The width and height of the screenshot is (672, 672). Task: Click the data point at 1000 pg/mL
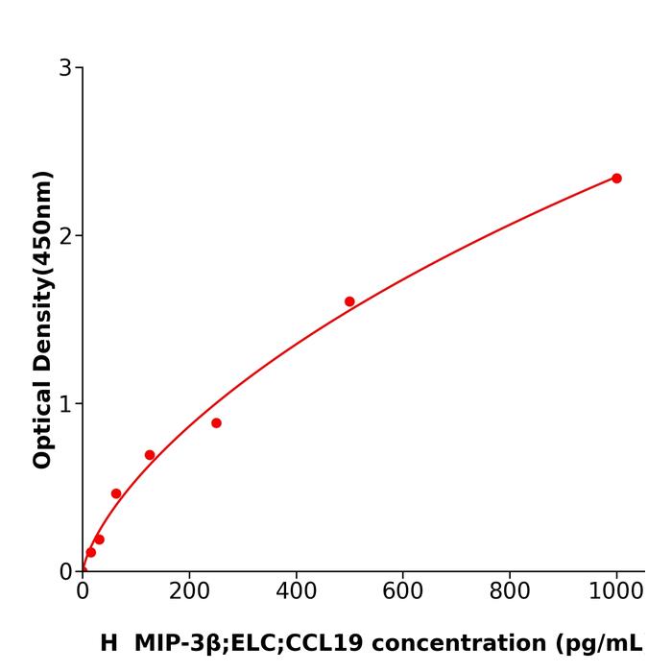pyautogui.click(x=616, y=179)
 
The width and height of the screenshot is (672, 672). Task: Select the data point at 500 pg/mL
pyautogui.click(x=349, y=301)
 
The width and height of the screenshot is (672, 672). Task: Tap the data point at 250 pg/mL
pyautogui.click(x=216, y=423)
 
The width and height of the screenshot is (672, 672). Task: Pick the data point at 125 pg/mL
pyautogui.click(x=150, y=455)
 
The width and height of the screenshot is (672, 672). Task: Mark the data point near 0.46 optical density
pyautogui.click(x=116, y=493)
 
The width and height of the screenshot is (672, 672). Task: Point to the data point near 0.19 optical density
pyautogui.click(x=99, y=540)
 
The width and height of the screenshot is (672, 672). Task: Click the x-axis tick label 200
pyautogui.click(x=189, y=591)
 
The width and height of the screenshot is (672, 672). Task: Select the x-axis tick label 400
pyautogui.click(x=296, y=591)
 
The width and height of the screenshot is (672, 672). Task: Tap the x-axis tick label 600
pyautogui.click(x=402, y=591)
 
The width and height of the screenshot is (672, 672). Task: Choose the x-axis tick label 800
pyautogui.click(x=509, y=591)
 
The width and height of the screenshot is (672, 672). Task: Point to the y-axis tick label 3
pyautogui.click(x=65, y=68)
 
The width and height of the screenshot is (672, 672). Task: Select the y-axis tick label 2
pyautogui.click(x=65, y=236)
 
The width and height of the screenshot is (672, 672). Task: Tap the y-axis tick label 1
pyautogui.click(x=65, y=404)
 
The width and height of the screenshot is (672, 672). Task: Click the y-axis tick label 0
pyautogui.click(x=65, y=572)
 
